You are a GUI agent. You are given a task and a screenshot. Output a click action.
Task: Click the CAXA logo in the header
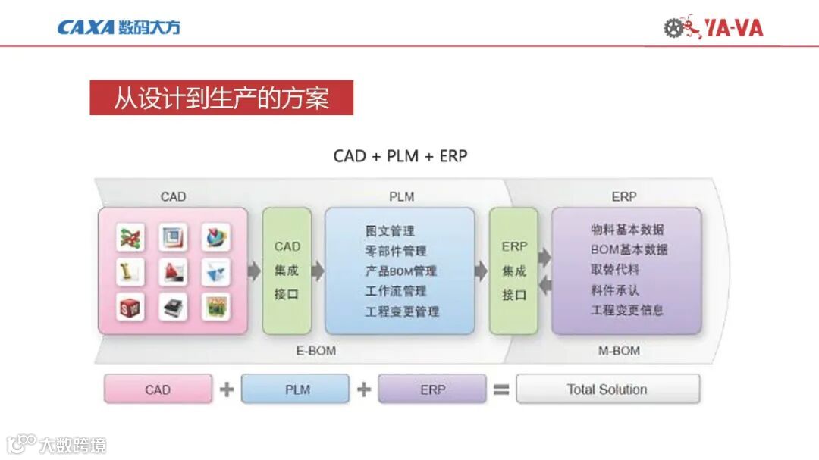click(118, 28)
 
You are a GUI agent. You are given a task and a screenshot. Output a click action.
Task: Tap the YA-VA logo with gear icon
click(713, 28)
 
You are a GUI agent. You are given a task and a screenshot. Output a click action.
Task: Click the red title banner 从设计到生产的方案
click(221, 99)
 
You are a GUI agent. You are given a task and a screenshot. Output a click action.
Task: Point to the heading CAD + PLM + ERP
click(400, 156)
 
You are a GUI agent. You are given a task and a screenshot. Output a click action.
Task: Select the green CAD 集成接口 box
click(287, 271)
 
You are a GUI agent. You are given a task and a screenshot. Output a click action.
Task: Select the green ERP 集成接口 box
click(513, 271)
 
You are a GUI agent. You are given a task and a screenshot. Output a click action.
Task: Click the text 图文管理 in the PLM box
click(390, 231)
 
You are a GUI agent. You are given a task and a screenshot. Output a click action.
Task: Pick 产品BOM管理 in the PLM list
click(400, 271)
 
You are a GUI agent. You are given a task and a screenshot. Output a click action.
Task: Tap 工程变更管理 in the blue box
click(402, 311)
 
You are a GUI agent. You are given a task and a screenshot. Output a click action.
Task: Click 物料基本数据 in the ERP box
click(627, 229)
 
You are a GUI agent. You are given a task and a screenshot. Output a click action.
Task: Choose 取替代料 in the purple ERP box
click(615, 269)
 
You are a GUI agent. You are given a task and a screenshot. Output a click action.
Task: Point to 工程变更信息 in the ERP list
click(627, 309)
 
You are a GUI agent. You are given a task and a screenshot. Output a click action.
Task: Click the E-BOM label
click(315, 351)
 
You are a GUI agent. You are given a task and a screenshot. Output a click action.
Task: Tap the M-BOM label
click(619, 351)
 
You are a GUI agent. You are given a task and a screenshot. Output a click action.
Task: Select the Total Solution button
click(607, 390)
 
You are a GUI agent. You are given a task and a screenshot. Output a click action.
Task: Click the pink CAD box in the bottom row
click(158, 390)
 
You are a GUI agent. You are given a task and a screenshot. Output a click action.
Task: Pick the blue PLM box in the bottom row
click(295, 390)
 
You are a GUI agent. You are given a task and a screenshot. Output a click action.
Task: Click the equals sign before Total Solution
click(501, 390)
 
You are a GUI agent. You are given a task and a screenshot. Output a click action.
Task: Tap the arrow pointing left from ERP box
click(544, 286)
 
